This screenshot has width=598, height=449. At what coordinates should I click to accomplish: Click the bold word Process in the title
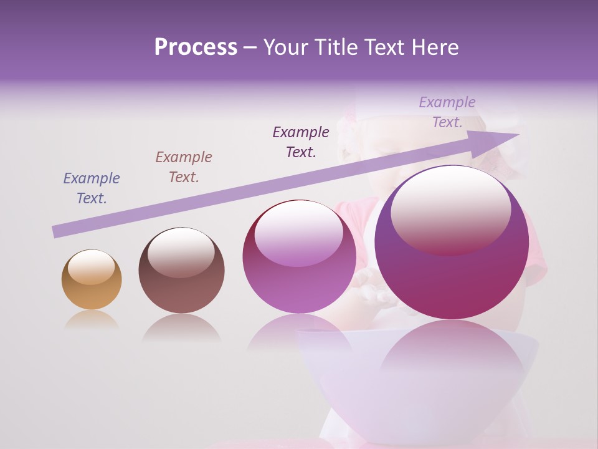[x=196, y=47]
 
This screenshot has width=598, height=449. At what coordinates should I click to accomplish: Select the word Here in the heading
[x=434, y=47]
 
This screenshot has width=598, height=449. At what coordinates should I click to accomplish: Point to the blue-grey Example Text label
[x=92, y=188]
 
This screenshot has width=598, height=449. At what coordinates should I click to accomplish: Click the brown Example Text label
[x=184, y=167]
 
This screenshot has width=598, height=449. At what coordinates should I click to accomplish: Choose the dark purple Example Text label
[x=301, y=142]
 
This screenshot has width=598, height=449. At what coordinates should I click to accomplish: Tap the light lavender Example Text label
[x=447, y=112]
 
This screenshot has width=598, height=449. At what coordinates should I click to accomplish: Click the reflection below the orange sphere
[x=92, y=320]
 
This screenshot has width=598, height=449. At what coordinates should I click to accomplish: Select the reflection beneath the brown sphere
[x=181, y=327]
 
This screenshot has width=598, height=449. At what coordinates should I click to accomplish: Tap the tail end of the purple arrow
[x=57, y=231]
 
